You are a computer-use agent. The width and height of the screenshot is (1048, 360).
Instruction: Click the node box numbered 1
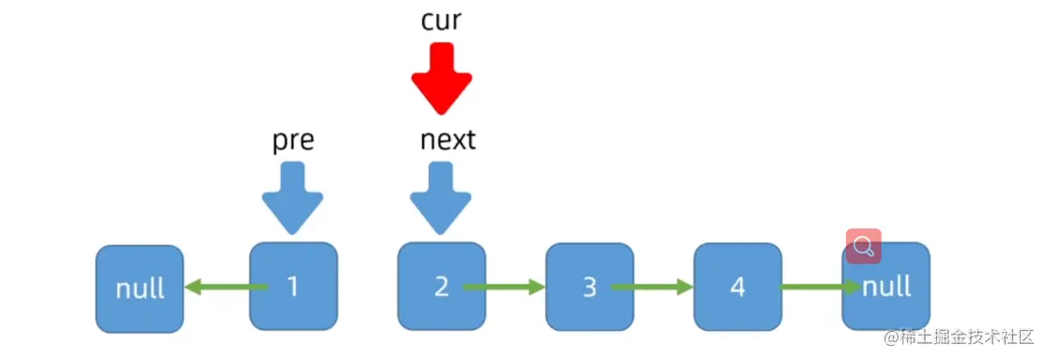click(x=292, y=287)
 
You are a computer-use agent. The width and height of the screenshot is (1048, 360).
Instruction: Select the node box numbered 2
click(x=441, y=287)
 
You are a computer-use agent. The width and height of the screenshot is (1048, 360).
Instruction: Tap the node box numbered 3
click(x=589, y=287)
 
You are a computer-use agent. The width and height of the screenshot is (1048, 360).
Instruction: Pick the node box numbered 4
click(x=738, y=287)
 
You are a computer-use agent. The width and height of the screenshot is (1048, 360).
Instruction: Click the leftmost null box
click(x=139, y=289)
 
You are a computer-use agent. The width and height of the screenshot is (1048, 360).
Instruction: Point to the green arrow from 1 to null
click(x=218, y=287)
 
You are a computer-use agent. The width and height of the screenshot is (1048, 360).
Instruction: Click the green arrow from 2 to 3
click(x=503, y=287)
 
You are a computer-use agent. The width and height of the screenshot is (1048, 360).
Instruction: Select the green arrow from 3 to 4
click(x=651, y=287)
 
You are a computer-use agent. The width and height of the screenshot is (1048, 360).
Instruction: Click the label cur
click(x=441, y=21)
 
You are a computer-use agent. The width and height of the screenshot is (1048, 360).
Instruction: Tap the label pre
click(x=292, y=140)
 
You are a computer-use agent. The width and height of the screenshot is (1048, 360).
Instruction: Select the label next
click(x=447, y=140)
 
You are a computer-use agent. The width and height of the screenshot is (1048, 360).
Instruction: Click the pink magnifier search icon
click(x=863, y=246)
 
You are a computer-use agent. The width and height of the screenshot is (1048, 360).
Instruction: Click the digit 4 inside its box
click(x=738, y=287)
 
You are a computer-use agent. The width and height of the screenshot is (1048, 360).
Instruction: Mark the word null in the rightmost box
click(x=886, y=286)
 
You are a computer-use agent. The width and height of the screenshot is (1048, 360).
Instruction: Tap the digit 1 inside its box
click(x=292, y=287)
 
